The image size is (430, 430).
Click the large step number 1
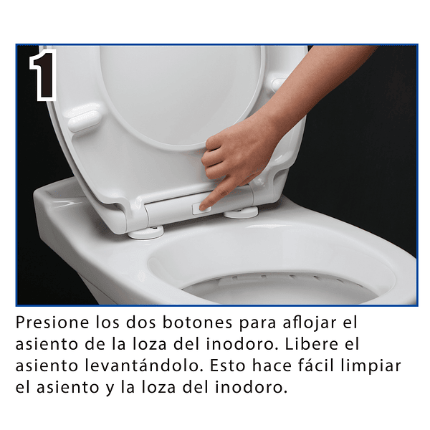pos(44,74)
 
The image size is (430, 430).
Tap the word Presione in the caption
pos(52,322)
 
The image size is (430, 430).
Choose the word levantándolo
pos(143,365)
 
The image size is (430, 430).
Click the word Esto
pos(228,365)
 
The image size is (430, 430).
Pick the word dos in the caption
pos(140,322)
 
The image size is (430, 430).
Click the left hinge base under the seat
pos(146,232)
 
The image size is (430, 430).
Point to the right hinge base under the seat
pos(242,212)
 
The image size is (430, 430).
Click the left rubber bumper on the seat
pos(84,120)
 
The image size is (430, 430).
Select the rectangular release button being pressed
pos(201,209)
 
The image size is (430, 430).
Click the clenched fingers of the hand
pos(216,159)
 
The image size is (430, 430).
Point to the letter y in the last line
pos(110,389)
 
